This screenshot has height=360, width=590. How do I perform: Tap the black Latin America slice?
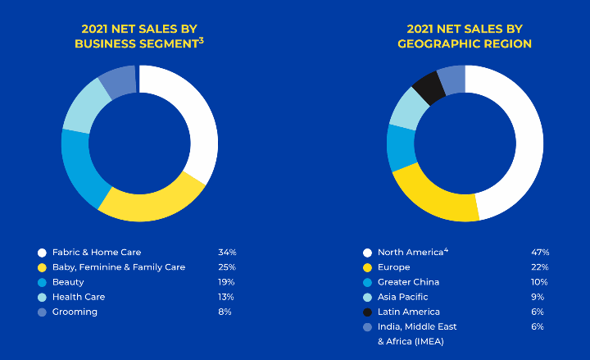click(429, 87)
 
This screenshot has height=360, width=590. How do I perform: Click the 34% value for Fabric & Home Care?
click(227, 253)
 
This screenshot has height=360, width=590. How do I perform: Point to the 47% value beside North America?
click(540, 253)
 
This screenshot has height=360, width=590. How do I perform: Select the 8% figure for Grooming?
click(225, 312)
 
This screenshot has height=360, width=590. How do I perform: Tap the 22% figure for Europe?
click(540, 267)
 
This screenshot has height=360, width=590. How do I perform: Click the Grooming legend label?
click(75, 312)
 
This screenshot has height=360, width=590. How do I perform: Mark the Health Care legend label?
click(78, 297)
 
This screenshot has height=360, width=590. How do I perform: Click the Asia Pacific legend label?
click(402, 297)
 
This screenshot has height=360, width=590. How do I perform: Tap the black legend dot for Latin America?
click(367, 312)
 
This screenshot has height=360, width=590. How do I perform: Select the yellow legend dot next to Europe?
click(367, 267)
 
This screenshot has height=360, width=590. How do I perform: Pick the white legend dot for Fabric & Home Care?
click(41, 253)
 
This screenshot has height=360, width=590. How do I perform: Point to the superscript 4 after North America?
click(446, 249)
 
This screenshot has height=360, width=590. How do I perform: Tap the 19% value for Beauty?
click(226, 282)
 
